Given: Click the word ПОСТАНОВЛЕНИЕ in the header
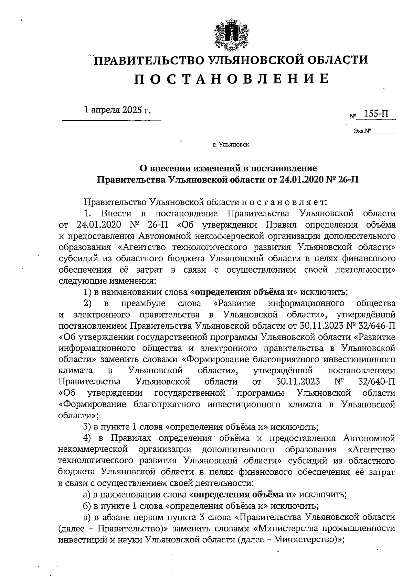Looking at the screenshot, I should (230, 79).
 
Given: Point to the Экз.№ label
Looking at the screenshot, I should (363, 131).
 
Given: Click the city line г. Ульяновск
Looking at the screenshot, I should (231, 145).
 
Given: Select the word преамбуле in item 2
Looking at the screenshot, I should (144, 303).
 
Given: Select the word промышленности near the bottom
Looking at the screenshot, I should (362, 528).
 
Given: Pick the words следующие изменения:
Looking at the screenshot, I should (108, 281).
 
